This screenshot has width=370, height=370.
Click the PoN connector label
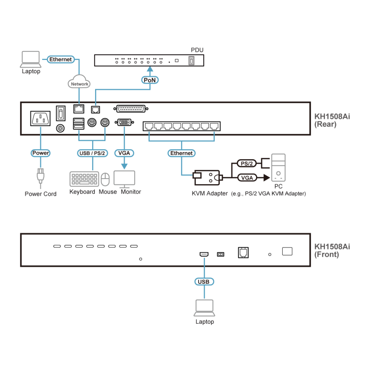click(x=150, y=80)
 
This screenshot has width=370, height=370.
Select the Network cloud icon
click(x=79, y=82)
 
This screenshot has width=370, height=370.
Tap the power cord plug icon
click(x=41, y=176)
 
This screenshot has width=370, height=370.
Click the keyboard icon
click(x=84, y=179)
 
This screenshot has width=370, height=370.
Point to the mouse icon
click(x=105, y=179)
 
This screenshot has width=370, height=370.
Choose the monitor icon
click(x=124, y=179)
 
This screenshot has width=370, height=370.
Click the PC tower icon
click(x=279, y=168)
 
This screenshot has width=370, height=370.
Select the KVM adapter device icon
click(x=208, y=178)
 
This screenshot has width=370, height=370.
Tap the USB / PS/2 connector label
click(x=92, y=153)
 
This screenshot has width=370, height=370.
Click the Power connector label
click(x=41, y=153)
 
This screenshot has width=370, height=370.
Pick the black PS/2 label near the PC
click(x=246, y=163)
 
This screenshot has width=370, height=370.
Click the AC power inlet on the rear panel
click(x=40, y=118)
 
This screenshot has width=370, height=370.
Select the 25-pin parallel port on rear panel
click(x=131, y=109)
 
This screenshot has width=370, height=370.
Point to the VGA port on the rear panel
click(x=124, y=122)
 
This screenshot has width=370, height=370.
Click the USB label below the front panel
click(x=204, y=282)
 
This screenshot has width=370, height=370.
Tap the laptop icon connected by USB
click(x=204, y=308)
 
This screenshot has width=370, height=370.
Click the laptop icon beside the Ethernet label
click(x=31, y=59)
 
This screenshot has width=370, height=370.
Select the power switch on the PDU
click(x=191, y=61)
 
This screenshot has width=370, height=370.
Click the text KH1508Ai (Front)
click(x=332, y=250)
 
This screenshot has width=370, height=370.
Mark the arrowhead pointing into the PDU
click(x=150, y=69)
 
